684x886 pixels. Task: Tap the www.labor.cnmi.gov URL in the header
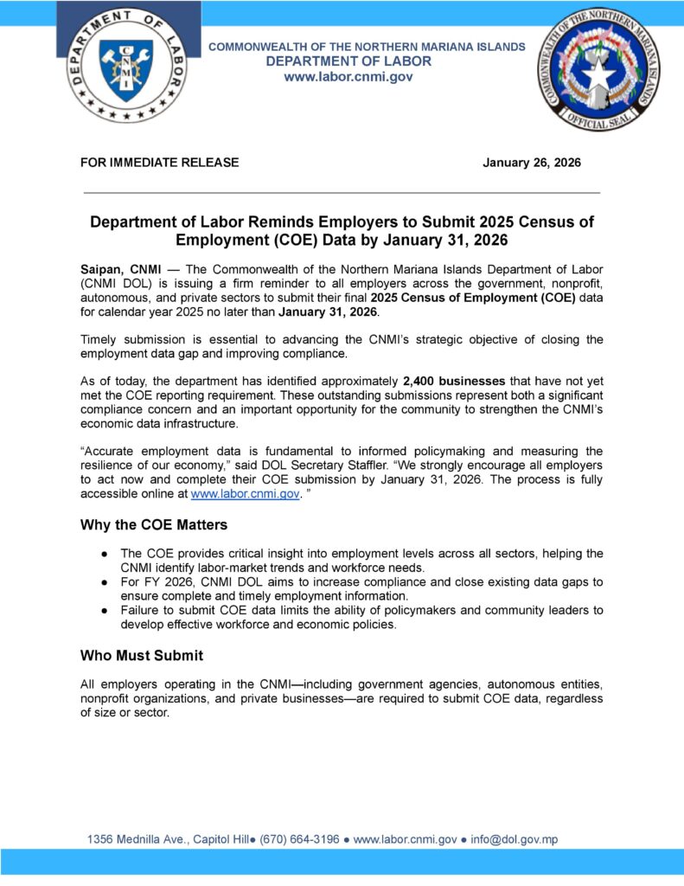[348, 77]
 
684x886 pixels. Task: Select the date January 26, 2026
[531, 163]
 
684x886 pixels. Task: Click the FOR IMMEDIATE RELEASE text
[159, 163]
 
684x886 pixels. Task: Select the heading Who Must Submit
[141, 655]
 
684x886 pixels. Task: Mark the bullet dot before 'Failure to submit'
[104, 611]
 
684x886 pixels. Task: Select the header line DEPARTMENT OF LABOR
[348, 61]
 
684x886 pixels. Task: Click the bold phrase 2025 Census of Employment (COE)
[482, 298]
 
